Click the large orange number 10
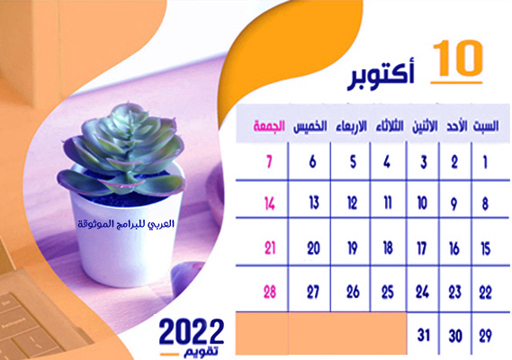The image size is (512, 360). pyautogui.click(x=458, y=58)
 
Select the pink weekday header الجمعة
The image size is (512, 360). pyautogui.click(x=269, y=126)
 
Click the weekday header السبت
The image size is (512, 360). pyautogui.click(x=486, y=126)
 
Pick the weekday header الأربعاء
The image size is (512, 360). pyautogui.click(x=351, y=126)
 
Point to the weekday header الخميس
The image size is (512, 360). pyautogui.click(x=310, y=127)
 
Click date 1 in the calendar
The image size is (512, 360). pyautogui.click(x=485, y=162)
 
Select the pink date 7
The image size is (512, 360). pyautogui.click(x=269, y=162)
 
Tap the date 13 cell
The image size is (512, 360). pyautogui.click(x=314, y=202)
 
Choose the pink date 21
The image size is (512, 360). pyautogui.click(x=270, y=248)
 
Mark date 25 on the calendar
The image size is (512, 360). pyautogui.click(x=388, y=292)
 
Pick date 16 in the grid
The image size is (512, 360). pyautogui.click(x=454, y=248)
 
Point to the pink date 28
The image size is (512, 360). pyautogui.click(x=270, y=292)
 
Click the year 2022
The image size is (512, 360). pyautogui.click(x=192, y=332)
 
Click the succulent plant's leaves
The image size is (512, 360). pyautogui.click(x=121, y=150)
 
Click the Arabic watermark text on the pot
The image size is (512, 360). pyautogui.click(x=126, y=224)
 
